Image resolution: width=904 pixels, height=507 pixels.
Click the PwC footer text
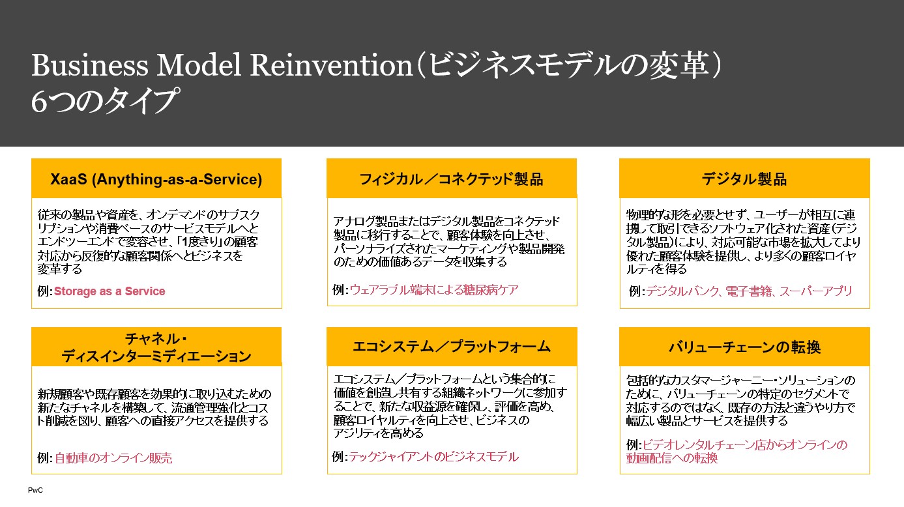click(x=35, y=490)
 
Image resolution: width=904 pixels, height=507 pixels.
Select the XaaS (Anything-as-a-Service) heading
click(x=156, y=179)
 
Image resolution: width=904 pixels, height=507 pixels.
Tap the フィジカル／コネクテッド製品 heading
click(x=451, y=179)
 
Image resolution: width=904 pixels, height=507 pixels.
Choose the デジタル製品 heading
click(x=744, y=179)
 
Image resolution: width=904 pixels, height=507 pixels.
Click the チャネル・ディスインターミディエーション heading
click(x=156, y=347)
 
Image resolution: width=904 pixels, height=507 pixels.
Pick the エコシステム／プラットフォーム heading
click(x=451, y=347)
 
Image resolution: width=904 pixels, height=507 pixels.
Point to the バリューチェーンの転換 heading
click(x=744, y=347)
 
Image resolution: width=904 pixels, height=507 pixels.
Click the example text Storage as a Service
click(x=109, y=291)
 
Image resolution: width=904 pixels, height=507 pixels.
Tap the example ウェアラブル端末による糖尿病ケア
click(x=434, y=290)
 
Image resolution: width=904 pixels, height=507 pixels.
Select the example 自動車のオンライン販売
click(x=113, y=458)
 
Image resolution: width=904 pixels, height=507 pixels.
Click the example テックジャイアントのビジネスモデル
click(x=433, y=457)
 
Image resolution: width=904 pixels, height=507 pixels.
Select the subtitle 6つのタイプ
click(x=105, y=101)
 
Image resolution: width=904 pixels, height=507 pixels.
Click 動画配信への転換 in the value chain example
click(x=671, y=458)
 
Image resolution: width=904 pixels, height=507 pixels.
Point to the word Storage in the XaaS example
click(x=75, y=291)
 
